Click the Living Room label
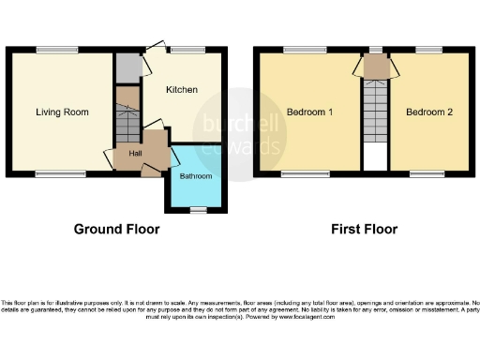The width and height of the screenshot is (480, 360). pos(62,112)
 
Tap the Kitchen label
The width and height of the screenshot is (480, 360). pos(182,90)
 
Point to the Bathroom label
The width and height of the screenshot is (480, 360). pos(196,176)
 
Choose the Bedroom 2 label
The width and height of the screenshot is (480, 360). pos(429,112)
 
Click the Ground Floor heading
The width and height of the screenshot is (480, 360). pos(117,229)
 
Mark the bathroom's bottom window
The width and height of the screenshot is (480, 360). pos(197,212)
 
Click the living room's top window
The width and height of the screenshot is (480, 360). pos(52,50)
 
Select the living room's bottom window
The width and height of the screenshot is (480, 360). pos(52,173)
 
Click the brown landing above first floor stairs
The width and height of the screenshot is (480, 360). pos(375,66)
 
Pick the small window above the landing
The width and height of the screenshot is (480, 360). pos(375,50)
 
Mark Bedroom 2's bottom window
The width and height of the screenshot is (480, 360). pos(427,173)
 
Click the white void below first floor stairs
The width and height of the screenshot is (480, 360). pos(375,157)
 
